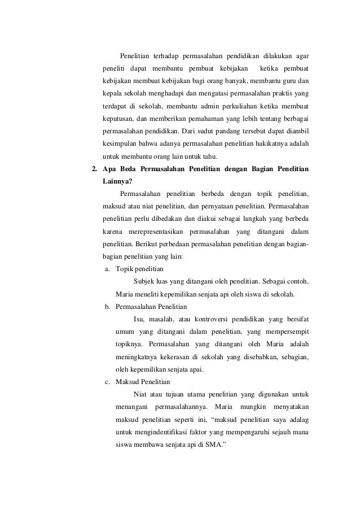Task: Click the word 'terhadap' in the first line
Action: [167, 56]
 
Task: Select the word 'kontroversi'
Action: [208, 319]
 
